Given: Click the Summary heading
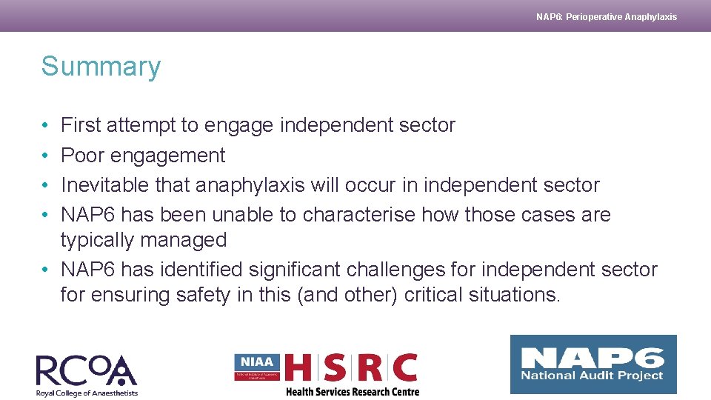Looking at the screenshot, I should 101,67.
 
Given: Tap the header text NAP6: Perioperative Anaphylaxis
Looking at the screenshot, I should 606,16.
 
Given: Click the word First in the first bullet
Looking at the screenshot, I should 81,125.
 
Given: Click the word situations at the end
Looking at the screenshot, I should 515,295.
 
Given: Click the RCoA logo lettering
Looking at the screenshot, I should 86,370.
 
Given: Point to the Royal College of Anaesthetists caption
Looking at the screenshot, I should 87,393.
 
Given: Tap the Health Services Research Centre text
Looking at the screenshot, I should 353,392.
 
